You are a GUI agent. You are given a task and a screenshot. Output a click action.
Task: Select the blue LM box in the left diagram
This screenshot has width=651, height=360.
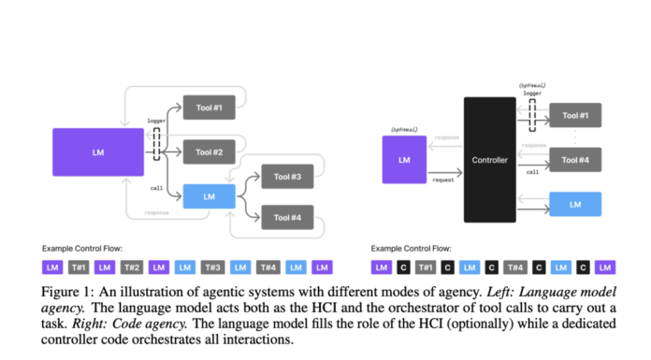(x=209, y=196)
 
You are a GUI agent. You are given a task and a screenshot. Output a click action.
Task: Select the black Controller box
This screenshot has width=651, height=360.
(x=489, y=160)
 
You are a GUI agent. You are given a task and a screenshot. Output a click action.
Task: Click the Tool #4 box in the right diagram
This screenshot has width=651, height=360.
(x=575, y=160)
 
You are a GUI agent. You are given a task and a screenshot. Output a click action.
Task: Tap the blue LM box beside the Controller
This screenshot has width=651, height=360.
(x=575, y=205)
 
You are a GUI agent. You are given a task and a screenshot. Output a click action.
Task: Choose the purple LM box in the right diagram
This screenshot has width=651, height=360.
(x=404, y=160)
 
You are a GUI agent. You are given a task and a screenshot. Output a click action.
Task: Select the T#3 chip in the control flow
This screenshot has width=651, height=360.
(x=212, y=267)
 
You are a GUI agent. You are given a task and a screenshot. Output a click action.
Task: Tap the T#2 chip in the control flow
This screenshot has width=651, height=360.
(x=131, y=267)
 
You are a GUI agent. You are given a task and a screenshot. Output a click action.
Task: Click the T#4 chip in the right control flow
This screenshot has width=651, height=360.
(x=516, y=267)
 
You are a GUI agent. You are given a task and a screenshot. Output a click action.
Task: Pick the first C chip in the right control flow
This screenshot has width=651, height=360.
(x=404, y=267)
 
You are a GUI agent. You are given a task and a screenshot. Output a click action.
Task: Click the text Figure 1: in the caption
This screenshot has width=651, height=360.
(x=67, y=292)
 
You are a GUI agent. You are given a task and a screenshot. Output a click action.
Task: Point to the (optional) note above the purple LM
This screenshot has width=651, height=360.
(x=404, y=129)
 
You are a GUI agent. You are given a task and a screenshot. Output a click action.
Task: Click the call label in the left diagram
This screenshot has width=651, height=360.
(x=156, y=188)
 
